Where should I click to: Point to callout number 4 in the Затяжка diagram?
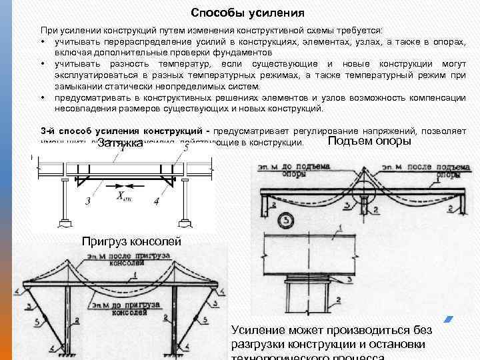coord(156,201)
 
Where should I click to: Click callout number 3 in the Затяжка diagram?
coord(88,201)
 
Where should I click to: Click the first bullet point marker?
coord(42,41)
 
